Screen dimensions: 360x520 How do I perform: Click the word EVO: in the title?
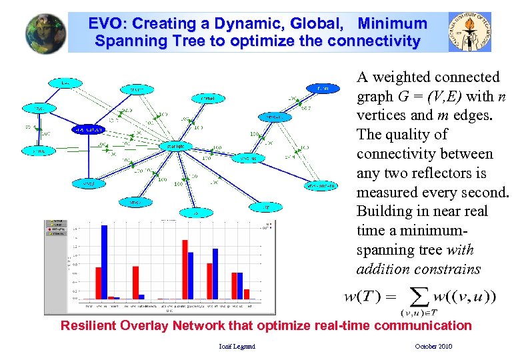coord(108,24)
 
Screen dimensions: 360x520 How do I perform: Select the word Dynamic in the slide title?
coord(255,24)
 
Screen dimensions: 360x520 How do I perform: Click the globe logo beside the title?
coord(46,33)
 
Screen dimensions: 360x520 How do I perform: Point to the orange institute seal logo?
coord(470,31)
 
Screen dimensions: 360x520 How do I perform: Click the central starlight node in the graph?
coord(175,146)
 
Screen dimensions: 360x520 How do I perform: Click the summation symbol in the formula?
coord(419,297)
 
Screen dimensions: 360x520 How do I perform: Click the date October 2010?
coord(433,346)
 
